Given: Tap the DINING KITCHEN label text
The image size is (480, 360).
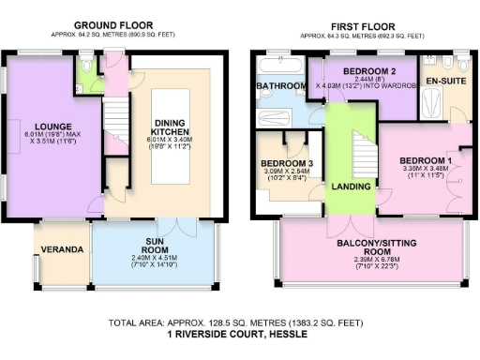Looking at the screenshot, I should pyautogui.click(x=171, y=136).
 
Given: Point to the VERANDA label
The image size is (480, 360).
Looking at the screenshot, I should pyautogui.click(x=61, y=250).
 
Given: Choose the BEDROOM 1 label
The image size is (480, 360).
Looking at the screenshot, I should pyautogui.click(x=425, y=160).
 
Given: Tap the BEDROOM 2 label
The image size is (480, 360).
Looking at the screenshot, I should pyautogui.click(x=368, y=71).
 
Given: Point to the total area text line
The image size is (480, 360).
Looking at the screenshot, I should pyautogui.click(x=240, y=322).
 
